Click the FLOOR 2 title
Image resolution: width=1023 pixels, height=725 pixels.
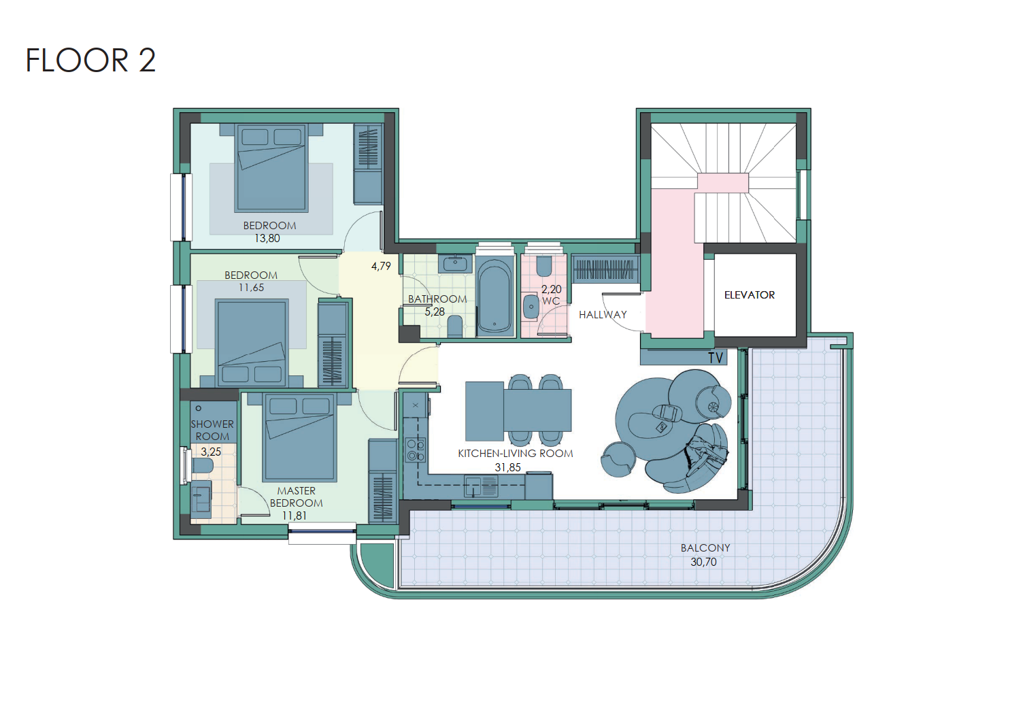90,61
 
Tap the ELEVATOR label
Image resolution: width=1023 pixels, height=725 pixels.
750,295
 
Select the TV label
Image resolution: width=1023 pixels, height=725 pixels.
716,358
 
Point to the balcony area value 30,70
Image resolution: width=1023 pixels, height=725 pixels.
703,562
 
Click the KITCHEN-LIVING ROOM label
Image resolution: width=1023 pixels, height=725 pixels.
515,454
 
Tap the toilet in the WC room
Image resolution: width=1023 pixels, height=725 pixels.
543,267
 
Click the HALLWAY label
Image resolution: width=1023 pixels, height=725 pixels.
603,315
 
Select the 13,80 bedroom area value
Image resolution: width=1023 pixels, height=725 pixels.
267,238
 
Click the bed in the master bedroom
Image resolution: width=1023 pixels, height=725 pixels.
299,437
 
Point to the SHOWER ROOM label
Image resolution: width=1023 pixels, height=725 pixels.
212,430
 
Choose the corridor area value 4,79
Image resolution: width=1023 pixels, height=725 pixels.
381,266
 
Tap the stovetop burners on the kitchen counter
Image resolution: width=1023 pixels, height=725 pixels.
416,450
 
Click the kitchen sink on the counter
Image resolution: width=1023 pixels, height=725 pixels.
481,486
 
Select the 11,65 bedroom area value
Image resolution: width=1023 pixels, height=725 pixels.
251,288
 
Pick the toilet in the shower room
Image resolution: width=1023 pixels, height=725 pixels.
202,466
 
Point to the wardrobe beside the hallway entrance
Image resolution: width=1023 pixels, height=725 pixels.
605,269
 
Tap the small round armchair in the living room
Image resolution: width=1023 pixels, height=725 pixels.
618,459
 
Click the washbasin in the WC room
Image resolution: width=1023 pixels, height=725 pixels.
531,307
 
